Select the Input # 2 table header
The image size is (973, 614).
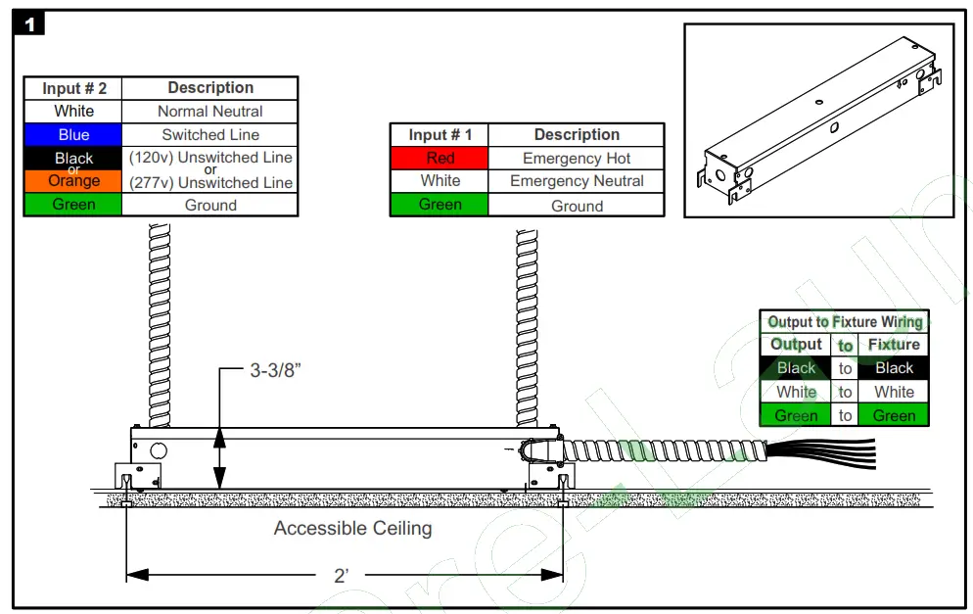pyautogui.click(x=74, y=88)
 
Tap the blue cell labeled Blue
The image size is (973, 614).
pyautogui.click(x=73, y=135)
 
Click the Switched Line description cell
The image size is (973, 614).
pyautogui.click(x=210, y=135)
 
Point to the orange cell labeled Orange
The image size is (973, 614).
pyautogui.click(x=73, y=181)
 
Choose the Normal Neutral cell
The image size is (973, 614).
pyautogui.click(x=210, y=112)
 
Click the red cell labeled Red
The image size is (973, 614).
pyautogui.click(x=440, y=158)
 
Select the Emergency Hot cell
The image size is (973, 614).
pyautogui.click(x=577, y=158)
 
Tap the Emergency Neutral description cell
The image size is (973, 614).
pyautogui.click(x=577, y=181)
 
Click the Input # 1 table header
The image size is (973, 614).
pyautogui.click(x=440, y=135)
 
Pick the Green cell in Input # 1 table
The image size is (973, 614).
pyautogui.click(x=440, y=205)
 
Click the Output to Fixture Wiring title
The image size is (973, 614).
pyautogui.click(x=844, y=322)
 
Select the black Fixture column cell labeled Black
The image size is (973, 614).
pyautogui.click(x=894, y=368)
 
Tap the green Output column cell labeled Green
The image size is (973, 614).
pyautogui.click(x=796, y=415)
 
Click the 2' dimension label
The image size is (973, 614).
pyautogui.click(x=342, y=576)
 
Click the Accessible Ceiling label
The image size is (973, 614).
pyautogui.click(x=352, y=529)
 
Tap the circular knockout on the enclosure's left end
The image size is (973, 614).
pyautogui.click(x=159, y=452)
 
